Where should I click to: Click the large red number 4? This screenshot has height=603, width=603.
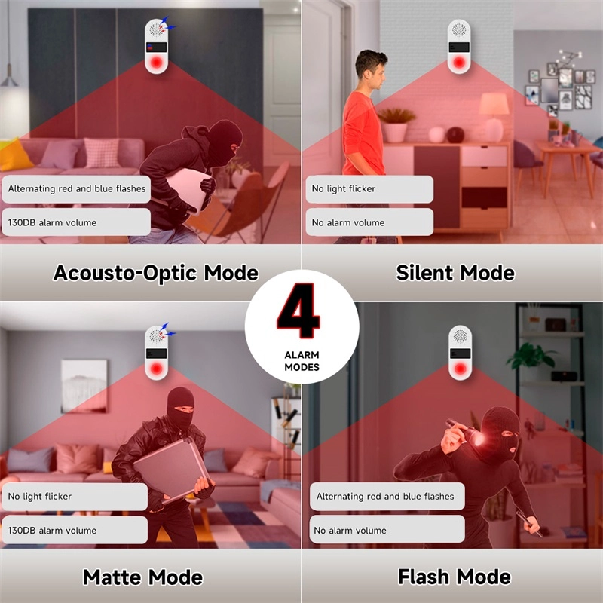point(298,311)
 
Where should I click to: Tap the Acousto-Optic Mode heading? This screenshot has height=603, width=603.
point(156,273)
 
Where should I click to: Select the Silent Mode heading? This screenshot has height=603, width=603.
point(455,273)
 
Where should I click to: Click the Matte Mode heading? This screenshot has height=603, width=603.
point(142,577)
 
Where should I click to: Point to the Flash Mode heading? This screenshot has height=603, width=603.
point(455,577)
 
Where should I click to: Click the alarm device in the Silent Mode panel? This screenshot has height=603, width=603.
point(459,47)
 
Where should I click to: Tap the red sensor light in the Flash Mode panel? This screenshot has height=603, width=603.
point(460,369)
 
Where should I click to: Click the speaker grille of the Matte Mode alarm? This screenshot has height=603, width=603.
point(155,336)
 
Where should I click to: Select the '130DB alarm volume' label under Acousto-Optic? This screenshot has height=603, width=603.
point(52,222)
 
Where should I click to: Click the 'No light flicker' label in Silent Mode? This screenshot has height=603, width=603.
point(344,189)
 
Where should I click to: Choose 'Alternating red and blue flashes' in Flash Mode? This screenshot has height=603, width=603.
point(385,497)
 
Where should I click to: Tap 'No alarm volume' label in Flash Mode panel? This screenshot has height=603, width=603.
point(350,531)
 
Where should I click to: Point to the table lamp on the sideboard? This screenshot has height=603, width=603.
point(494,118)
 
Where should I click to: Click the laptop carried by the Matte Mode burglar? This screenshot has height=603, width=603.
point(171,469)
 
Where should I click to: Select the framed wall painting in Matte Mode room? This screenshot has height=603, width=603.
point(84,386)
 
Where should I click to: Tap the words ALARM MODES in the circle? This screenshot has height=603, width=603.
point(302,361)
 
